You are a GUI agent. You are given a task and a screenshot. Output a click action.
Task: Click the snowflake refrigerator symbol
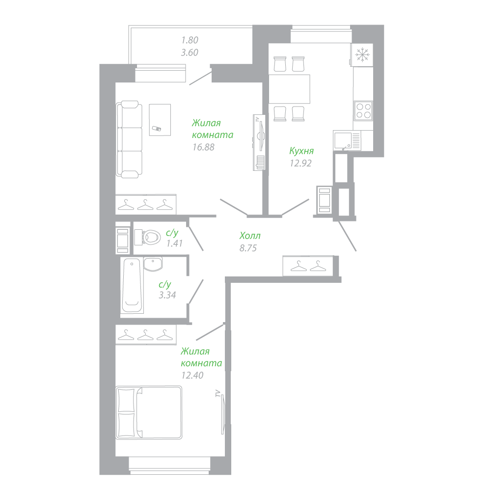click(362, 55)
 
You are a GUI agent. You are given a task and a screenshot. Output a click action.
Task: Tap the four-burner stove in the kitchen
click(363, 111)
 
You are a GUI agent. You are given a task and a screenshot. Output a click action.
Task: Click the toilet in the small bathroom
click(147, 237)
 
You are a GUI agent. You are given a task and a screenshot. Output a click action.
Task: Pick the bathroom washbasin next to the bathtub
click(153, 265)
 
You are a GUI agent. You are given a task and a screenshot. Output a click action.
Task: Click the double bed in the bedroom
click(149, 412)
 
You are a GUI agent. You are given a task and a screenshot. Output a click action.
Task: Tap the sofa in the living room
click(129, 139)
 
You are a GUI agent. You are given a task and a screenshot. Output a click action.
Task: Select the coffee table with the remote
click(160, 120)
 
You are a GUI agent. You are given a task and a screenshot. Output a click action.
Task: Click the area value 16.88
click(204, 147)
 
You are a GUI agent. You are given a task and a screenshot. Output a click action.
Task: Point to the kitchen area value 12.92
click(300, 163)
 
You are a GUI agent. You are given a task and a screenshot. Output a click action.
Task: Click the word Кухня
click(301, 151)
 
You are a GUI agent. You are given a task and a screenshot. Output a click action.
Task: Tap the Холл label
click(250, 236)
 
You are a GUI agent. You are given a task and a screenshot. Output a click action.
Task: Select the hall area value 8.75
click(248, 248)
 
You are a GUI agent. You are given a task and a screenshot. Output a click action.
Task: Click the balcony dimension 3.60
click(190, 53)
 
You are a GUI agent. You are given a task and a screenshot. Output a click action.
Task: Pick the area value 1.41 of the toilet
click(174, 244)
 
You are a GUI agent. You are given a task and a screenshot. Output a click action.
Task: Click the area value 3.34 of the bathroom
click(167, 295)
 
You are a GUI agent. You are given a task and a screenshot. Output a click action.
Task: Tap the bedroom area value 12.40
click(192, 375)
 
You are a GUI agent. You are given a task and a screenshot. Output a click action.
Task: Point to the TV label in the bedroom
click(217, 394)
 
